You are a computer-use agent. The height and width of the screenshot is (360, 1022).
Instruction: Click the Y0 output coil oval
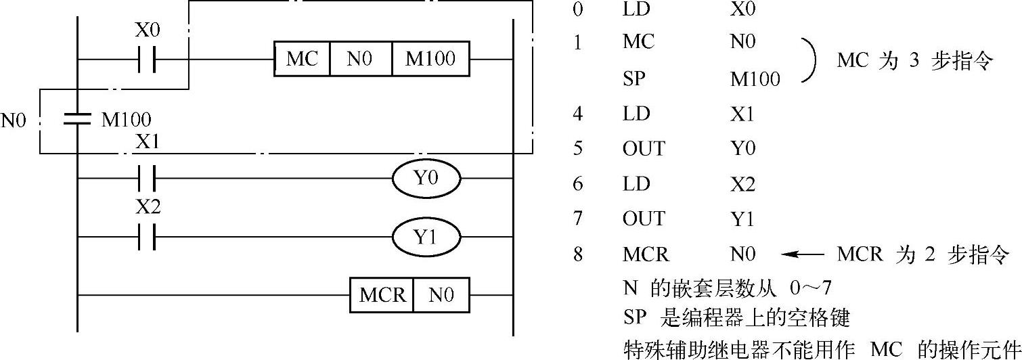pyautogui.click(x=426, y=179)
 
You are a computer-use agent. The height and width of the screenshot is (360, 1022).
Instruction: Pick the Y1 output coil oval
pyautogui.click(x=426, y=238)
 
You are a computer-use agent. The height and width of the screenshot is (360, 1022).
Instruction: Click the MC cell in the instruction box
pyautogui.click(x=302, y=60)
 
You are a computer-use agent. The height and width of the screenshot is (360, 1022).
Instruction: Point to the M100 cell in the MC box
pyautogui.click(x=430, y=60)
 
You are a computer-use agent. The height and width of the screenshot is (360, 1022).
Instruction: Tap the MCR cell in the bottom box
pyautogui.click(x=382, y=295)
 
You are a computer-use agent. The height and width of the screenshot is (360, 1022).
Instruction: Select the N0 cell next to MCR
pyautogui.click(x=441, y=295)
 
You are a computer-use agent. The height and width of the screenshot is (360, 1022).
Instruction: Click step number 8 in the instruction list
pyautogui.click(x=577, y=254)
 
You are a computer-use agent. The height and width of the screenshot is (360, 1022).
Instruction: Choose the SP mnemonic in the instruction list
pyautogui.click(x=634, y=78)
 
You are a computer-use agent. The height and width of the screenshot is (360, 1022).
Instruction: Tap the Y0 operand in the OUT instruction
pyautogui.click(x=742, y=148)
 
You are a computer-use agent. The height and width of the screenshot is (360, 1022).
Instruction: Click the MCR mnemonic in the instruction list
pyautogui.click(x=645, y=254)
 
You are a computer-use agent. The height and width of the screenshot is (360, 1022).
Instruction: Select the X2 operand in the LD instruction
pyautogui.click(x=742, y=184)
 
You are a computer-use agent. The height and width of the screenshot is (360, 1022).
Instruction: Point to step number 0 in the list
pyautogui.click(x=577, y=9)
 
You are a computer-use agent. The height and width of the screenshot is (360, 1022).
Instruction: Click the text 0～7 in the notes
pyautogui.click(x=811, y=290)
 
